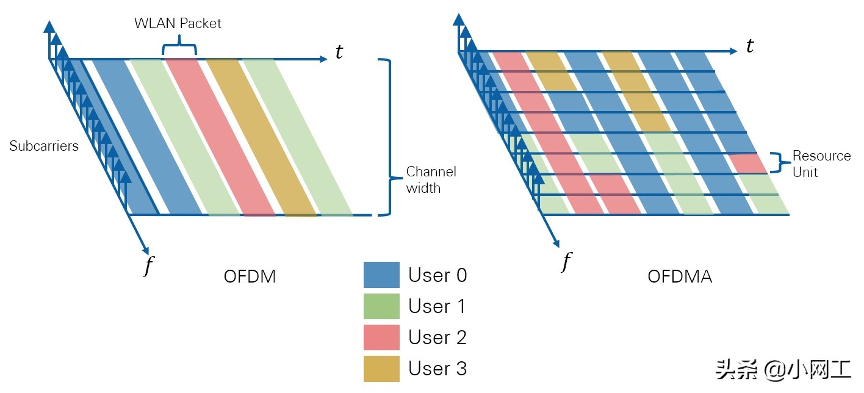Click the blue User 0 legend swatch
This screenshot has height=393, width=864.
point(381,275)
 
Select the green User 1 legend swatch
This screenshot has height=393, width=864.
point(381,306)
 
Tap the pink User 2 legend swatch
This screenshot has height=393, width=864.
point(381,337)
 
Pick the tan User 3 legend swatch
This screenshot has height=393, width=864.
point(381,369)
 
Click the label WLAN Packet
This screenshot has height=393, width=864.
point(178,24)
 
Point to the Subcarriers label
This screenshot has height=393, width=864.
point(44,146)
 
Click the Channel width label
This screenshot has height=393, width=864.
point(431,179)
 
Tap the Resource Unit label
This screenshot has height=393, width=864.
point(821,164)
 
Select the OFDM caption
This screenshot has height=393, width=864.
point(250,276)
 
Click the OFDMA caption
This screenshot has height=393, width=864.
point(680,276)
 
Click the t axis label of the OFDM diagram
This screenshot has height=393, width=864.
point(339,52)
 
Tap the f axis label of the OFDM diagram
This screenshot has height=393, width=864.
point(148,265)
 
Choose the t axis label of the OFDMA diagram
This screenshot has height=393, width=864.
point(750,46)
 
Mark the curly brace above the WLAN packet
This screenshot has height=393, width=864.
point(179,47)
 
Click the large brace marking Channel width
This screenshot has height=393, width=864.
point(386,137)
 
